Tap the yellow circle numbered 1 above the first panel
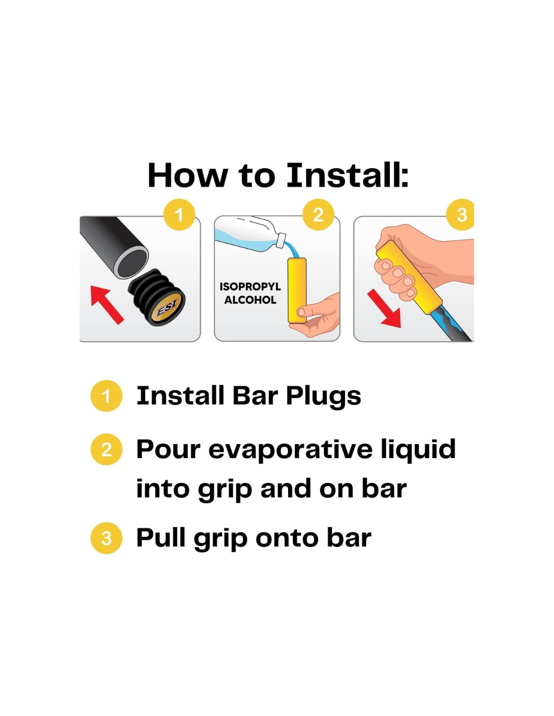point(179,214)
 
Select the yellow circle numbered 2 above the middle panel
point(318,214)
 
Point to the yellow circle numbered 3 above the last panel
point(461,214)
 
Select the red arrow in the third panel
point(385,308)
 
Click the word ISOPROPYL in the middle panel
point(250,287)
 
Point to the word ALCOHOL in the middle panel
point(250,300)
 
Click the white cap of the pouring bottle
point(282,240)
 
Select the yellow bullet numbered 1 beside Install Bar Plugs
point(106,396)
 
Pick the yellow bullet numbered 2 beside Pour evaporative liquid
point(106,450)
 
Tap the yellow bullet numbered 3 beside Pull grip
point(106,538)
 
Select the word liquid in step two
point(419,450)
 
